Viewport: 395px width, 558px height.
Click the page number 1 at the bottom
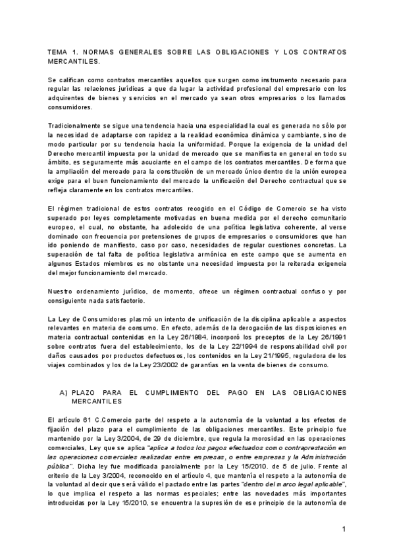pyautogui.click(x=344, y=528)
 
